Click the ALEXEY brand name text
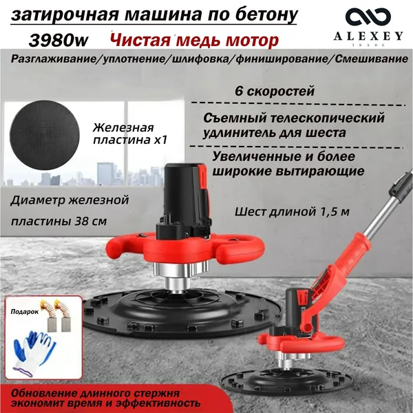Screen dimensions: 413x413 tap(368, 36)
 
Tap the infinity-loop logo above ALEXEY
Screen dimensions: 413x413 tap(368, 17)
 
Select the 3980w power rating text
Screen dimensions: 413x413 tap(59, 41)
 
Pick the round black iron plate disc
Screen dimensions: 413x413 tap(45, 136)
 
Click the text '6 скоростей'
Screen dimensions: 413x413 tap(275, 92)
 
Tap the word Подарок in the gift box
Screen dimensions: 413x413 tap(25, 312)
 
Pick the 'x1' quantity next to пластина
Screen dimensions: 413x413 tap(160, 140)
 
